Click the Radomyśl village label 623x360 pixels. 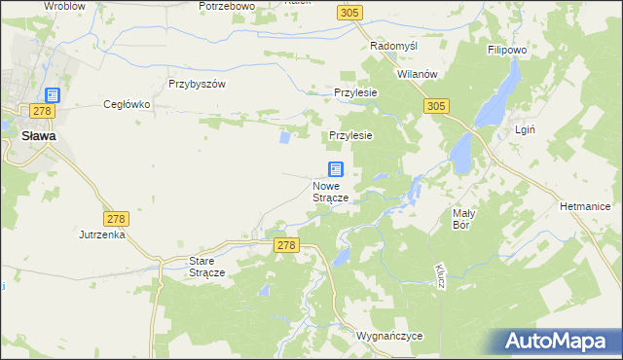click(394, 46)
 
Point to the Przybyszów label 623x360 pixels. click(197, 84)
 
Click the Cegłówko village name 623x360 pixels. click(126, 104)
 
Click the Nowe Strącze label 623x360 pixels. click(331, 192)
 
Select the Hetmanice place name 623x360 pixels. click(584, 206)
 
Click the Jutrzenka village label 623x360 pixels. click(102, 234)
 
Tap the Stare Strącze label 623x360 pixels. click(206, 268)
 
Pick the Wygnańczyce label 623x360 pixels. click(390, 336)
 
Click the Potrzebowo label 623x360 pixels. click(226, 6)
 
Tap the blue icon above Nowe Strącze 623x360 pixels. click(335, 169)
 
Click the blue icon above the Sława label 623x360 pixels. click(52, 96)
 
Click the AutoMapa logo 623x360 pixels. click(562, 342)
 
